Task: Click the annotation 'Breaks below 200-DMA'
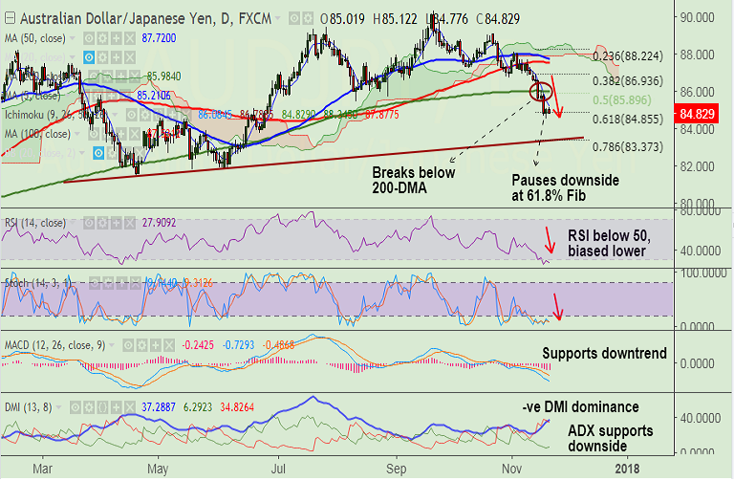tap(413, 180)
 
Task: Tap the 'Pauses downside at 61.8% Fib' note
tap(565, 186)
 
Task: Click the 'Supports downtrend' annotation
tap(604, 354)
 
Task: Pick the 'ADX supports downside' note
tap(611, 439)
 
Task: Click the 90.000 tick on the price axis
tap(700, 17)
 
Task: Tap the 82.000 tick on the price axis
tap(700, 166)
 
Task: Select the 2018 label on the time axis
tap(627, 470)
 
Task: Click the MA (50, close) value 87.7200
tap(160, 35)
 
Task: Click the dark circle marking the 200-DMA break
tap(541, 92)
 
